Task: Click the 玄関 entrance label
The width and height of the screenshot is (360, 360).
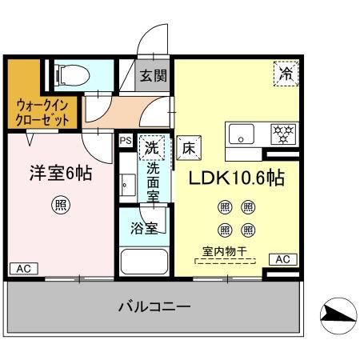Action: click(155, 77)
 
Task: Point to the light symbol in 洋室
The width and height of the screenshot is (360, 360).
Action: click(61, 206)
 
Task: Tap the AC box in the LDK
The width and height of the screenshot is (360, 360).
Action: click(282, 259)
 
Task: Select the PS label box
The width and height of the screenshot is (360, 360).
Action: click(126, 141)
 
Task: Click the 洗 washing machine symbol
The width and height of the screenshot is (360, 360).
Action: click(150, 146)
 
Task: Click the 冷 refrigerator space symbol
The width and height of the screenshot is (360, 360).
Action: click(286, 73)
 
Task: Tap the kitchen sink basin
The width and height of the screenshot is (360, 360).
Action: click(241, 134)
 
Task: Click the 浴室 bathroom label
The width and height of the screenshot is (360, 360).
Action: click(143, 227)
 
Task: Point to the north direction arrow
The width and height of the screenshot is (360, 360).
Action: click(335, 317)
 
